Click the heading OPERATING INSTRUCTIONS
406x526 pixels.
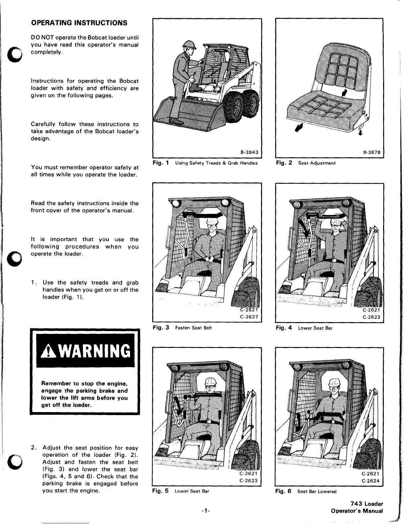[x=79, y=23]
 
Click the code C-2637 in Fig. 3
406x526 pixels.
[x=249, y=317]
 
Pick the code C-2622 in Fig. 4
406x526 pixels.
[x=371, y=317]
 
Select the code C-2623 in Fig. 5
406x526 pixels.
[x=249, y=480]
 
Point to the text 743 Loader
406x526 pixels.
[x=364, y=504]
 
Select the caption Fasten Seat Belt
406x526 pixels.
[x=193, y=328]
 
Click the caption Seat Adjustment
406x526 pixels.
[x=317, y=163]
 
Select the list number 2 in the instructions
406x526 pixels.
[x=33, y=448]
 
